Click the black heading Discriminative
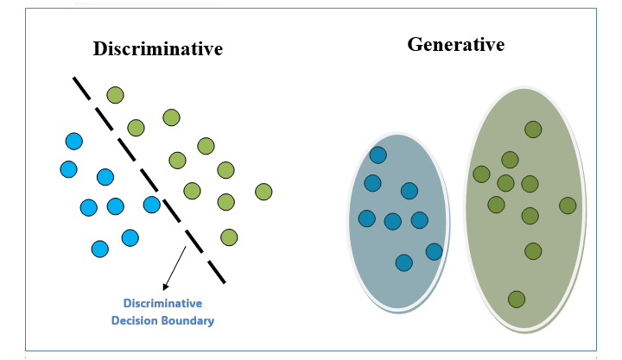tap(157, 48)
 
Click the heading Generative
tap(455, 44)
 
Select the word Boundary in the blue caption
tap(188, 320)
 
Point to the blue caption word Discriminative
tap(162, 304)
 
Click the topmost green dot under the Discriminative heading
tap(115, 95)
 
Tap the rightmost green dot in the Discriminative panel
tap(263, 192)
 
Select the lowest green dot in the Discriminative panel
tap(229, 237)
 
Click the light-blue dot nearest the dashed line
tap(152, 205)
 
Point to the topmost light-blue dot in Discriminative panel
tap(74, 141)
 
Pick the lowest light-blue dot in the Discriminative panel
tap(100, 249)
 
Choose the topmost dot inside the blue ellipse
tap(378, 155)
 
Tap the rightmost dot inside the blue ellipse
tap(434, 251)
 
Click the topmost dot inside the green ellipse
tap(533, 129)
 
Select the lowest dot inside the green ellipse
tap(517, 300)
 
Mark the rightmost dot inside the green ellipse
tap(568, 205)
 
